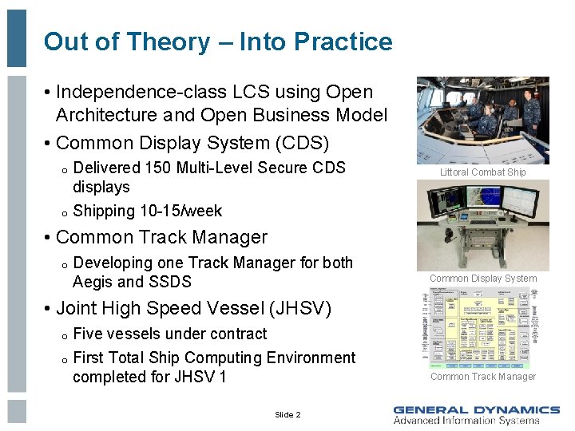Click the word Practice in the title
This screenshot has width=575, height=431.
[343, 42]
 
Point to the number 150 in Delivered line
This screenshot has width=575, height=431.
[158, 168]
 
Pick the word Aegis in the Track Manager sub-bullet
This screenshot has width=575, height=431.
[93, 282]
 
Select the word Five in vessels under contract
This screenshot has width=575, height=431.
[87, 334]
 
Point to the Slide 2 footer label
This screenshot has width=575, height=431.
[287, 415]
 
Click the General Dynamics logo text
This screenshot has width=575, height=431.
[476, 409]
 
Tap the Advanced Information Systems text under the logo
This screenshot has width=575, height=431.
[466, 421]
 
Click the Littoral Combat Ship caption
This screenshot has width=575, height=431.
[483, 172]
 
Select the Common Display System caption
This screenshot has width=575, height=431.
[483, 279]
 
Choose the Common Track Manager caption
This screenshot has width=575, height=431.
[483, 377]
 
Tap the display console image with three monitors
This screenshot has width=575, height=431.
[483, 224]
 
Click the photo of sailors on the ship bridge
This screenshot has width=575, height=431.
[483, 120]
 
